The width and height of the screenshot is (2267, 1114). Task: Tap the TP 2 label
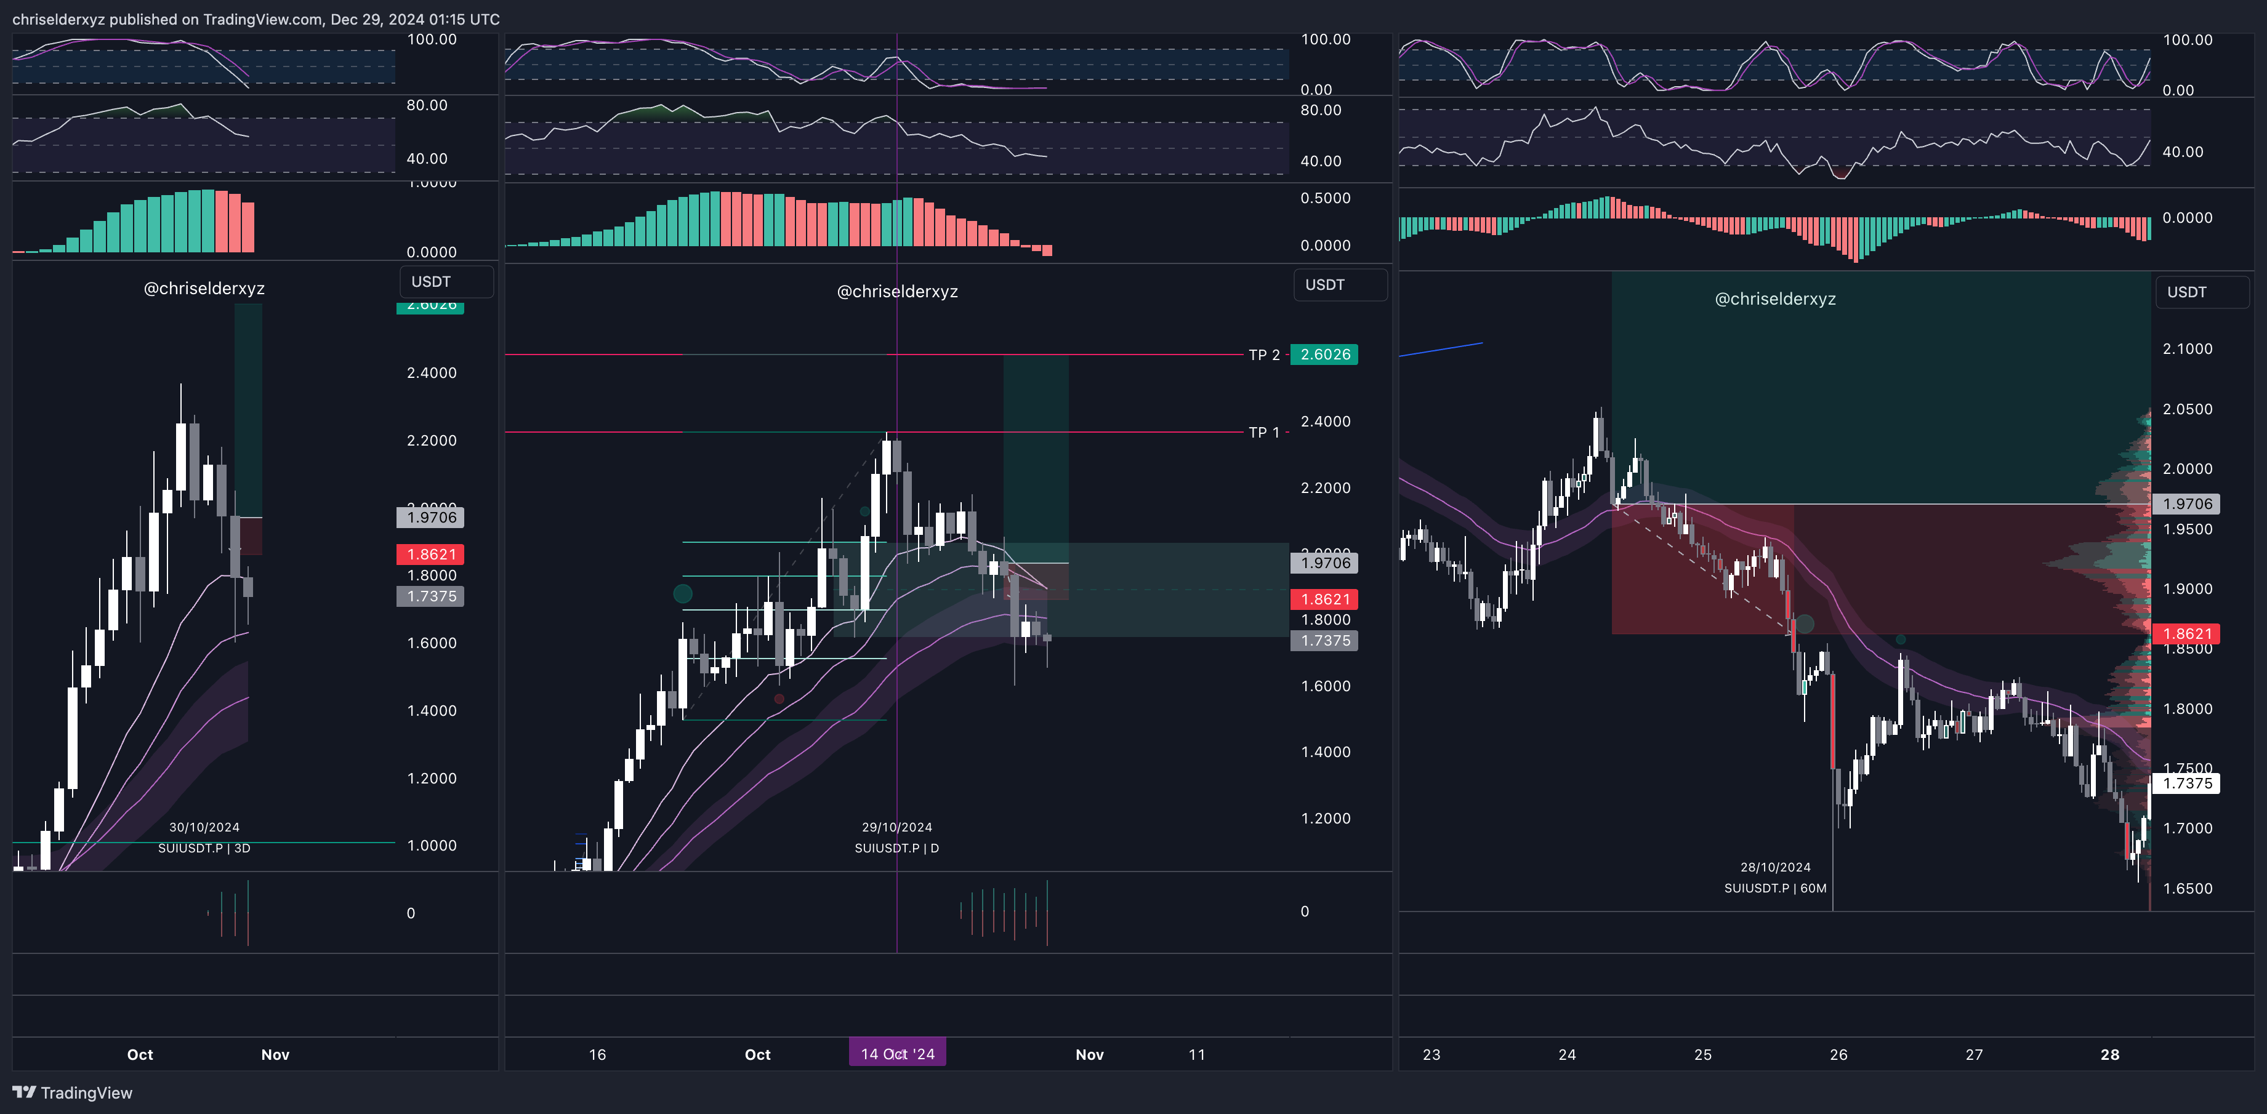(1264, 355)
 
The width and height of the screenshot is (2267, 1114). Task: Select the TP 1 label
(1264, 432)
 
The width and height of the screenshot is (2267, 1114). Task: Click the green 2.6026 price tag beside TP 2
(1324, 355)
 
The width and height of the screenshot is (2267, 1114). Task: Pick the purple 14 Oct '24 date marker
(897, 1053)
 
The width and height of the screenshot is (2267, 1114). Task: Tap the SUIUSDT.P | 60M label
(1775, 888)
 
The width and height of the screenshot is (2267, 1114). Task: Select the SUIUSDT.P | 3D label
(204, 848)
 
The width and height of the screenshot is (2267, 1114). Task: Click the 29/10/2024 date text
(897, 827)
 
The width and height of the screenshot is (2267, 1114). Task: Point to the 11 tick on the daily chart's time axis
(1197, 1054)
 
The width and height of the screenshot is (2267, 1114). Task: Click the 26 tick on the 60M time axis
(1838, 1054)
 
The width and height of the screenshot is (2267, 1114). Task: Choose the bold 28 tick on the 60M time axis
(2109, 1054)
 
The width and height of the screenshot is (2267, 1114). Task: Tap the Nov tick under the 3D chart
(275, 1054)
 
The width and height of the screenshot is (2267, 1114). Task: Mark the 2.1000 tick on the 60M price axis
(2187, 350)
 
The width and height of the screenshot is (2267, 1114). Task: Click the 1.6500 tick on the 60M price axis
(2187, 889)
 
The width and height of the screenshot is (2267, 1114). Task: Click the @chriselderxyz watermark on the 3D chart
(204, 289)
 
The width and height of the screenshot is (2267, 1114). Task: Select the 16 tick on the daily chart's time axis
(598, 1054)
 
